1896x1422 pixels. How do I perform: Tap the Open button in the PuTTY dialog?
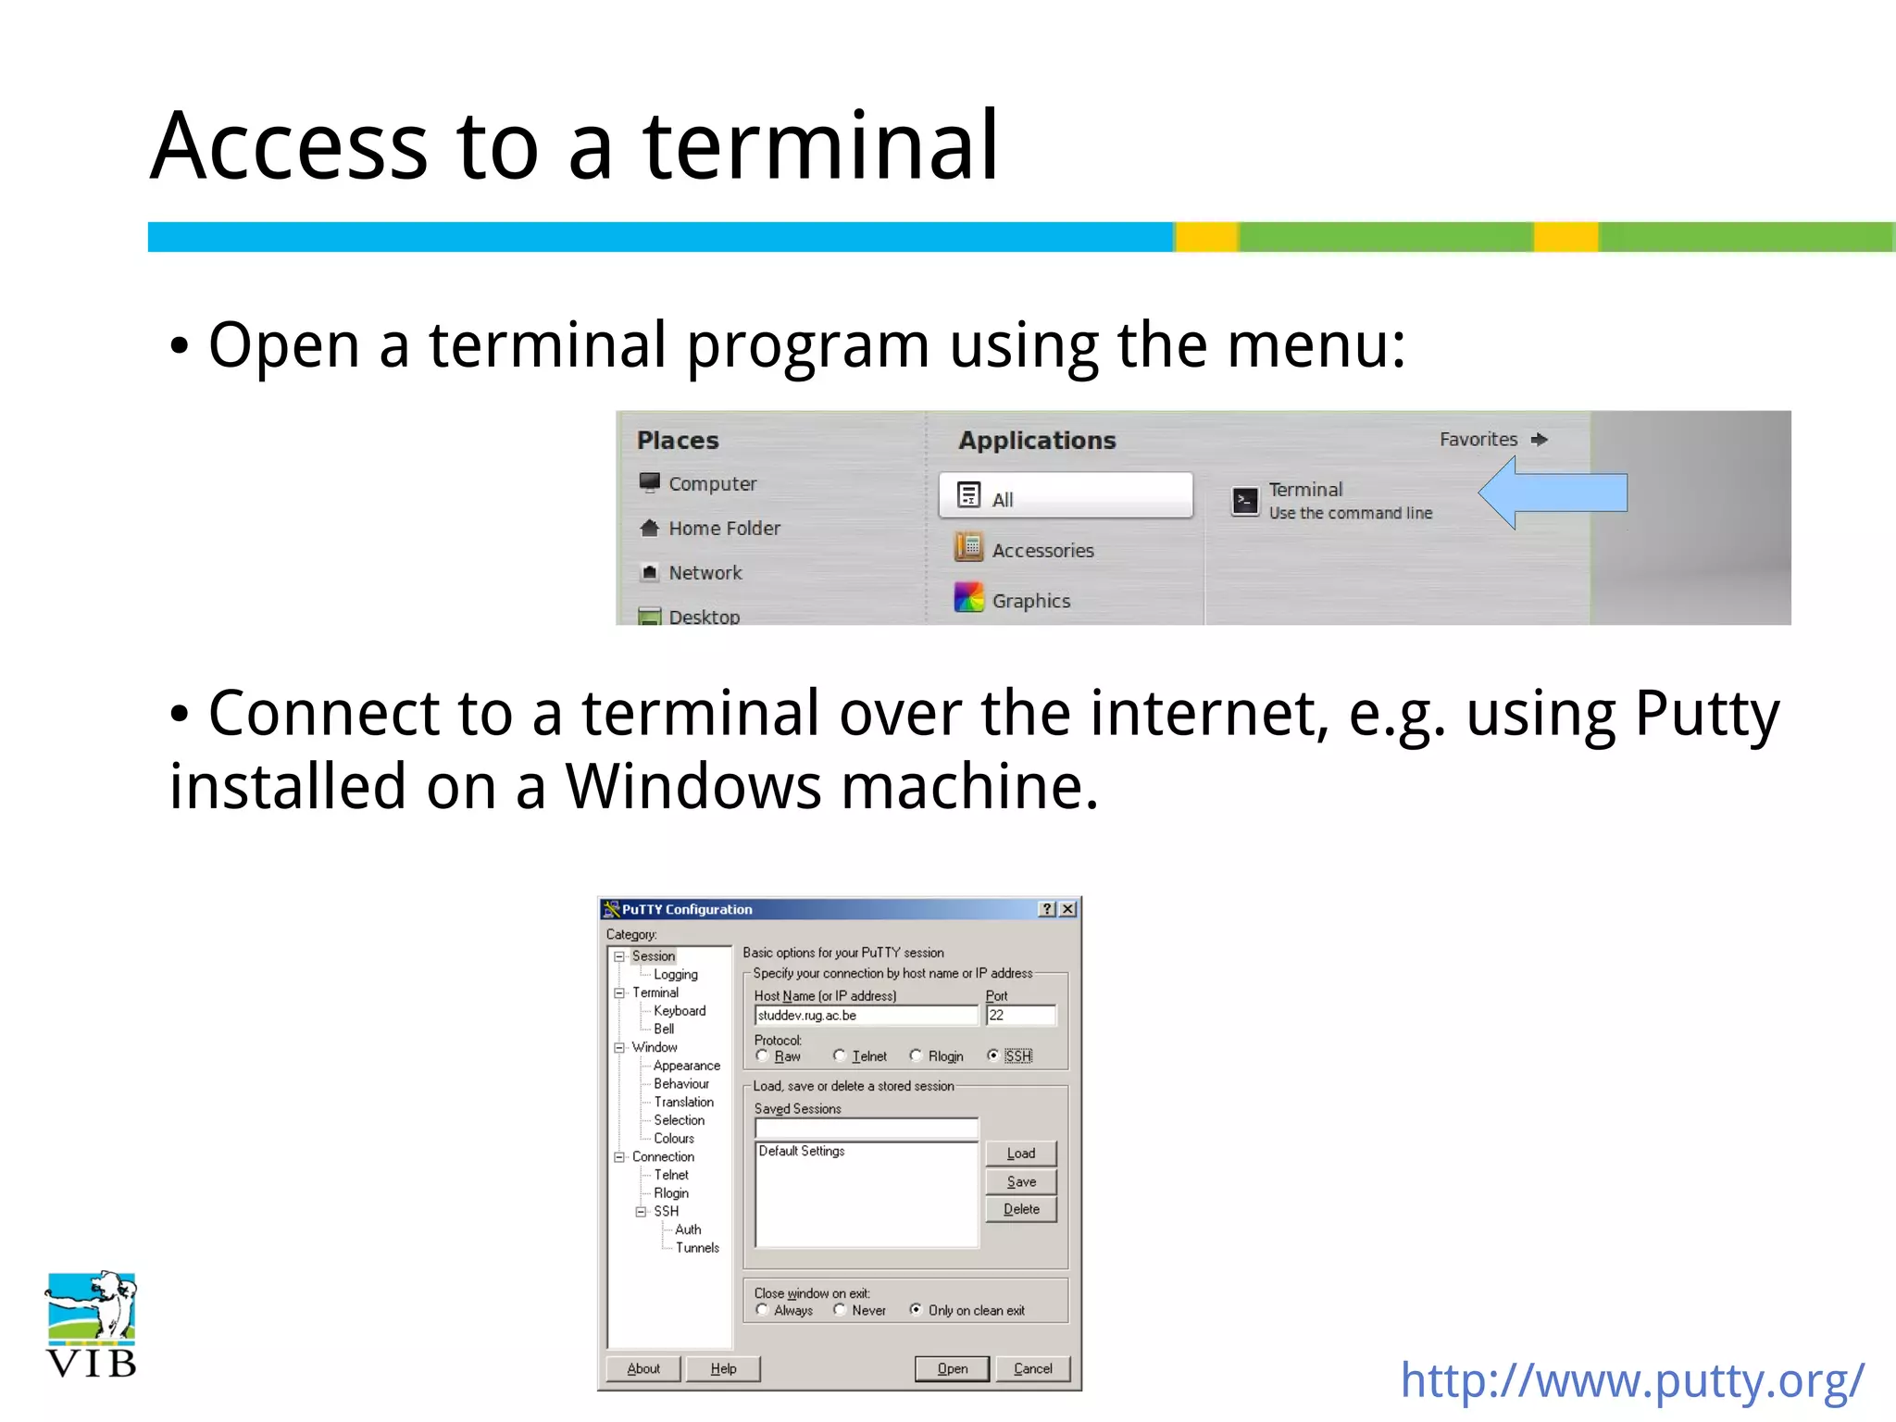coord(952,1368)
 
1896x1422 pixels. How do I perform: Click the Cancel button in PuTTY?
coord(1032,1368)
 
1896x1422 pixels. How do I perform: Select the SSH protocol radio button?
coord(993,1055)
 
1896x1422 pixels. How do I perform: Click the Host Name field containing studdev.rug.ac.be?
coord(866,1016)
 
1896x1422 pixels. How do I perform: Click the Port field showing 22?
coord(1020,1016)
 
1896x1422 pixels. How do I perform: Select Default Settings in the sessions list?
coord(802,1151)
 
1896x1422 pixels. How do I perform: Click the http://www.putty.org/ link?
coord(1632,1380)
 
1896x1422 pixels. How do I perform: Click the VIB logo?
coord(91,1324)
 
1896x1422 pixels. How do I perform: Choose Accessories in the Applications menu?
coord(1042,550)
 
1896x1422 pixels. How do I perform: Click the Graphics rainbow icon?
coord(968,597)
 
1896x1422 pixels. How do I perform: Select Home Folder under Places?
coord(724,528)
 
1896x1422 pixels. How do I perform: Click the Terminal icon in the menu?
coord(1246,501)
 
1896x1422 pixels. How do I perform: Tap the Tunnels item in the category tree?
coord(697,1248)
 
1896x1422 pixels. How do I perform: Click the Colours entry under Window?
coord(674,1139)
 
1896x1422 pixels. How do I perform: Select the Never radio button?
coord(840,1310)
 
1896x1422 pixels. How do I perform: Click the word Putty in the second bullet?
coord(1706,714)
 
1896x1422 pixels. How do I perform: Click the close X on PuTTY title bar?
coord(1067,909)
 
